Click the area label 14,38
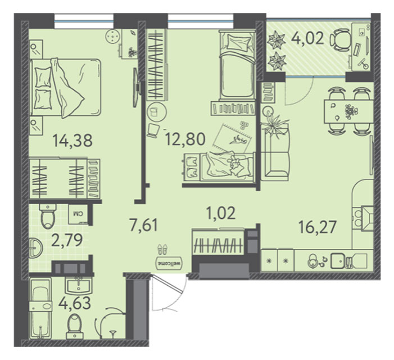tap(73, 141)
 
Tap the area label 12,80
tap(185, 139)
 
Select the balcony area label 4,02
tap(307, 39)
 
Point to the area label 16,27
tap(318, 227)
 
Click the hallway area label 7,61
tap(144, 224)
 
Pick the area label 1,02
tap(221, 213)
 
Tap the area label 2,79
tap(67, 240)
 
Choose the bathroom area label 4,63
tap(74, 303)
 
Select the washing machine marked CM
tap(78, 214)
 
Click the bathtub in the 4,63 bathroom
tap(40, 308)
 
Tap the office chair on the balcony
tap(339, 40)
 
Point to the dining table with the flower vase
tap(348, 111)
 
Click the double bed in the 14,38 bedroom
tap(65, 88)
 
